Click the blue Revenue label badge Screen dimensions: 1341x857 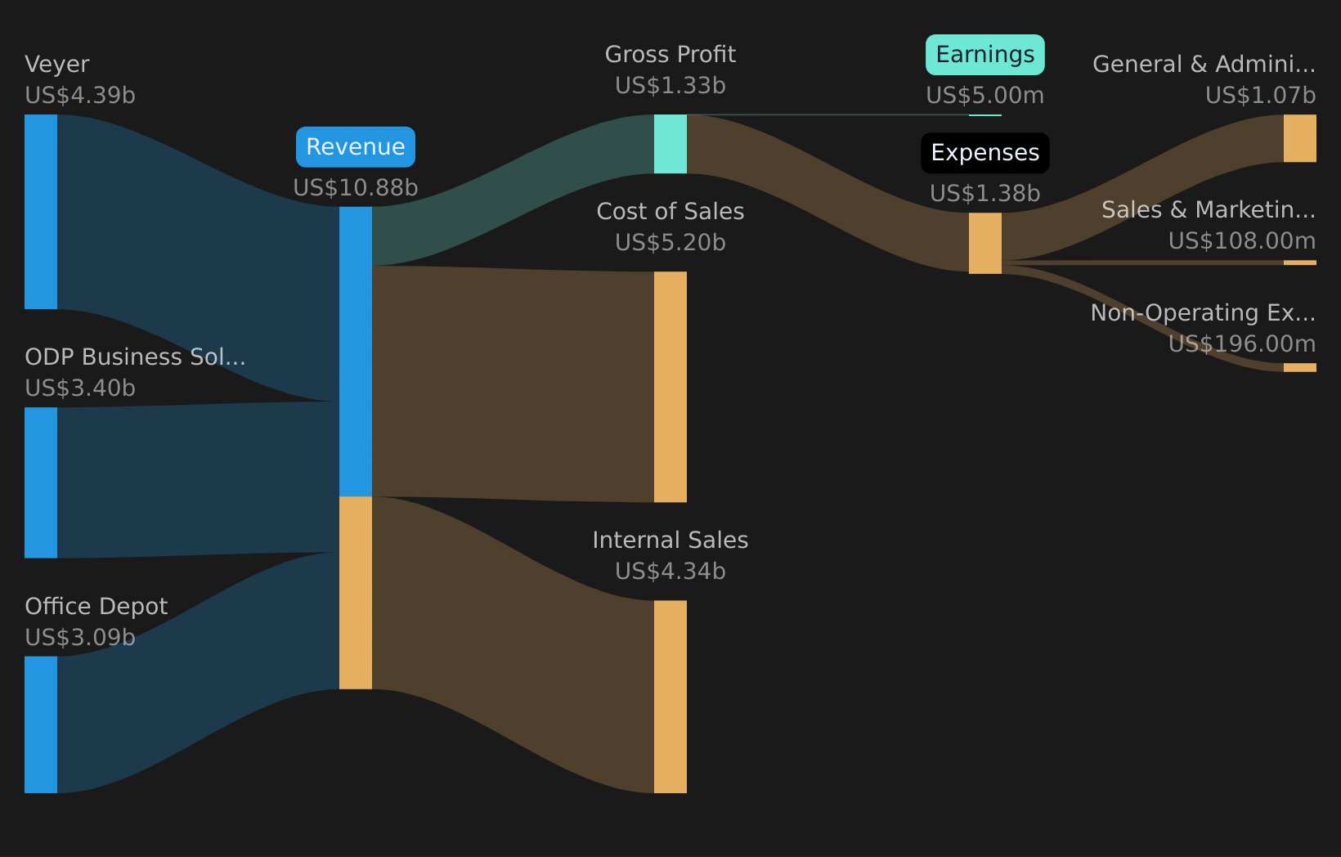[356, 146]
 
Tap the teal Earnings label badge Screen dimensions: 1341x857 [984, 55]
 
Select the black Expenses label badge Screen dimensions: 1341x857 [984, 153]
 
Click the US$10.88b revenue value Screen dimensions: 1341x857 [356, 188]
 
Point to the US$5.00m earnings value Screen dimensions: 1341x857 [984, 96]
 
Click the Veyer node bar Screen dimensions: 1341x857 [41, 212]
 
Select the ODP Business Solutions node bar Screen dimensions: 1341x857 [41, 482]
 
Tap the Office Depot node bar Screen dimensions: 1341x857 [41, 725]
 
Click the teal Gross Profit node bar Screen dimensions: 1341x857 [670, 144]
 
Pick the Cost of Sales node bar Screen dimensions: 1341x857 [670, 387]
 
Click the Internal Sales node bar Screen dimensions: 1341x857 [670, 697]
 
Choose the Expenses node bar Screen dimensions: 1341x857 [984, 243]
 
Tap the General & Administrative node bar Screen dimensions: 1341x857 [1299, 138]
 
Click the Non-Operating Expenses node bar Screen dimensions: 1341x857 [1299, 368]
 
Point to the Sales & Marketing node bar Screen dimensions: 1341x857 [1299, 262]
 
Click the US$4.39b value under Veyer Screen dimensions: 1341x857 [80, 96]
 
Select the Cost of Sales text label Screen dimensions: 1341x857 [670, 212]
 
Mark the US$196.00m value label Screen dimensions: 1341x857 [1241, 344]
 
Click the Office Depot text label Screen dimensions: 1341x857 [96, 607]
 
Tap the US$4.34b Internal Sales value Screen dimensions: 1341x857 [670, 572]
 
